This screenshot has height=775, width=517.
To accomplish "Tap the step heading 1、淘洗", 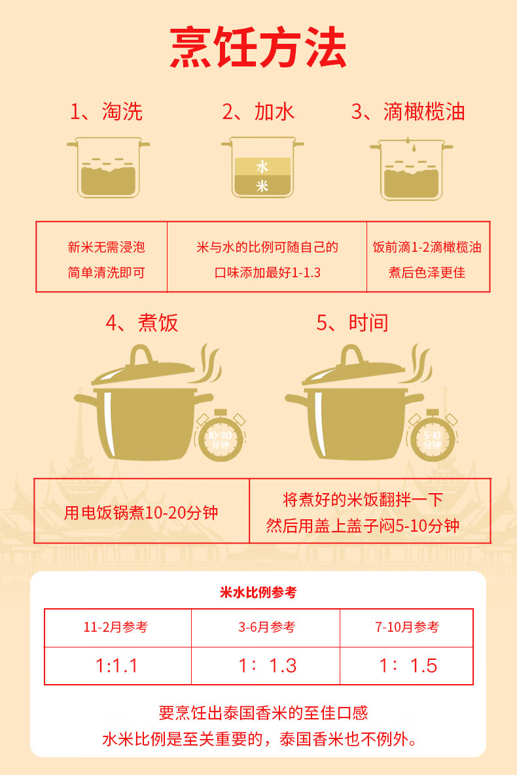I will point(106,112).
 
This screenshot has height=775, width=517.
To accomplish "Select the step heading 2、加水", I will point(258,112).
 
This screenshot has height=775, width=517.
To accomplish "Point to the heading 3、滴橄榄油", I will point(408,112).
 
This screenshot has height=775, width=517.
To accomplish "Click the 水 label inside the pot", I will point(262,167).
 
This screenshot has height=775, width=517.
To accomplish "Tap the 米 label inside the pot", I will point(262,186).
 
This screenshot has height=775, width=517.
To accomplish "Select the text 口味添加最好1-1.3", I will point(268,272).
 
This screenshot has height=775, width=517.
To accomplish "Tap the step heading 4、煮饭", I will point(142,323).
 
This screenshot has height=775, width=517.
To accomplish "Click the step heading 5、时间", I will point(352,323).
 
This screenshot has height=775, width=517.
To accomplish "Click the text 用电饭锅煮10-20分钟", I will point(141,512).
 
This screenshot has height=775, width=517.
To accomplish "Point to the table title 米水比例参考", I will point(258,593).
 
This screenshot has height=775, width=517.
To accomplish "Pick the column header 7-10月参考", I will point(407,627).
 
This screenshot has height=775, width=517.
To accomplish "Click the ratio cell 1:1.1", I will point(117,666).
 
